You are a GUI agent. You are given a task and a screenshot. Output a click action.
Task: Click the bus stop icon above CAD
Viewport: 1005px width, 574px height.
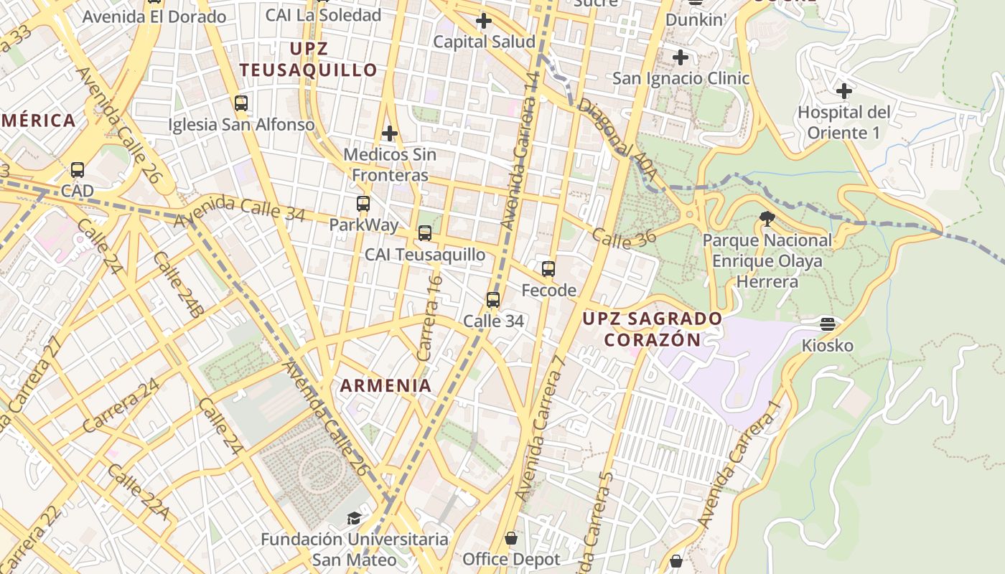(x=78, y=170)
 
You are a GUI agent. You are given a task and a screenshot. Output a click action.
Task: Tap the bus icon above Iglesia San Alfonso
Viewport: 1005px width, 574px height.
(x=241, y=103)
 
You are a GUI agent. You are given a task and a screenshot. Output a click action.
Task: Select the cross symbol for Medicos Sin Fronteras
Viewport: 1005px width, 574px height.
(x=390, y=133)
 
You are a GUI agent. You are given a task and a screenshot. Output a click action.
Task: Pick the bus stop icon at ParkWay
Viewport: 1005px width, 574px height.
(x=363, y=204)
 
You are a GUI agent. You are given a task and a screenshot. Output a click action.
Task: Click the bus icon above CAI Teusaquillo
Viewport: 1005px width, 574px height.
(x=425, y=233)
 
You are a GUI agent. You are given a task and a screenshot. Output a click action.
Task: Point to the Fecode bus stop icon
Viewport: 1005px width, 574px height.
(x=548, y=269)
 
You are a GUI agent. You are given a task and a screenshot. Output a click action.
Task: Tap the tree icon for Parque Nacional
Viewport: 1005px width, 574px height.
(x=767, y=218)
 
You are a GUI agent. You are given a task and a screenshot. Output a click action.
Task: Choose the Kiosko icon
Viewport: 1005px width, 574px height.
(x=828, y=324)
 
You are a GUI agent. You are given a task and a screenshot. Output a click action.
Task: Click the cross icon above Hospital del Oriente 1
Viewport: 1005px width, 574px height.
(x=844, y=91)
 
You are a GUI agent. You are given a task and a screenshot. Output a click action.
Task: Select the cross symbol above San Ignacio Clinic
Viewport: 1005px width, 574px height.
(x=681, y=57)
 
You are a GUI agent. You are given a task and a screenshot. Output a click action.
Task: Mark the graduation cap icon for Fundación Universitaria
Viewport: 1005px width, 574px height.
(x=354, y=518)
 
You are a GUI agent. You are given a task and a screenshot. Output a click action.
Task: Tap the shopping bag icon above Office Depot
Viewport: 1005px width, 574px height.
(x=511, y=538)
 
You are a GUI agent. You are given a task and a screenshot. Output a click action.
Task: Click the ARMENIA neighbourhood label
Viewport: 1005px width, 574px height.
(x=386, y=385)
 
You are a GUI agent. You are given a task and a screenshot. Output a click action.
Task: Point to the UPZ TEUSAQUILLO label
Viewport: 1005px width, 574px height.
(x=309, y=60)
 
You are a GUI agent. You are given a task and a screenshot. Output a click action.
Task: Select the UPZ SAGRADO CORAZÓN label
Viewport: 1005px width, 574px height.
(x=652, y=329)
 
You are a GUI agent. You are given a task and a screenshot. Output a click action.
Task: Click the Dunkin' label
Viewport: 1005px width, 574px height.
(x=696, y=20)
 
